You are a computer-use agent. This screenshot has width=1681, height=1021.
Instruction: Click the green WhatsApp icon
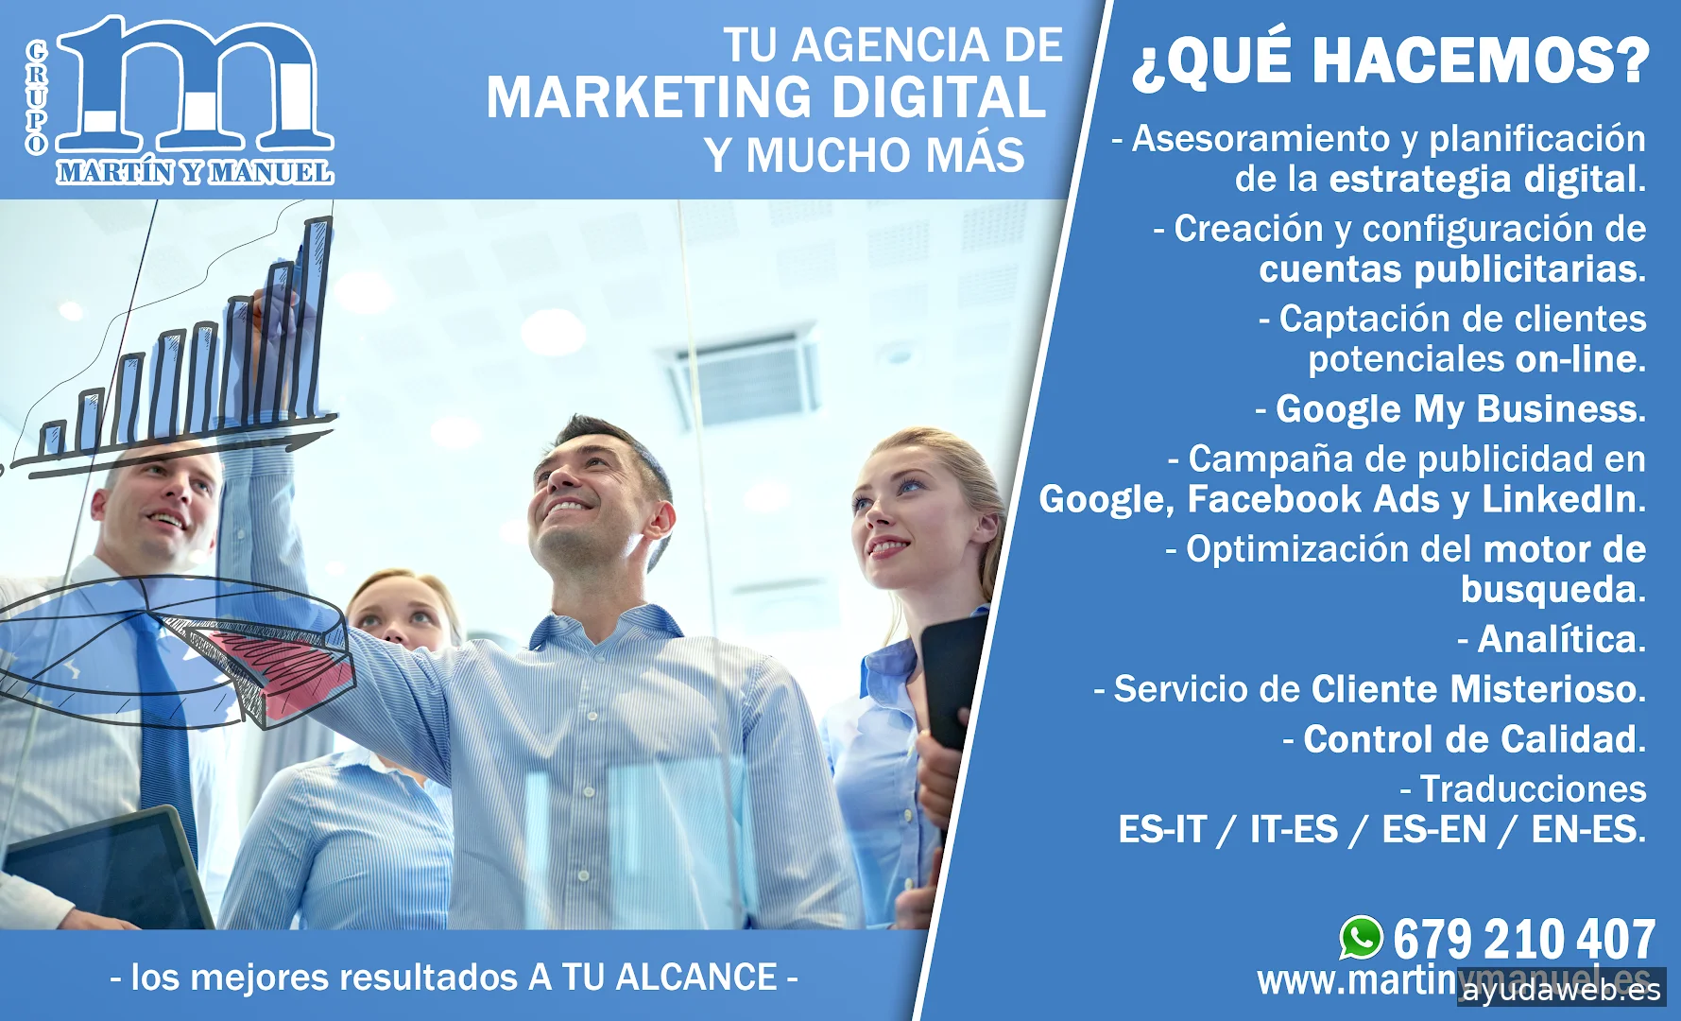(1361, 939)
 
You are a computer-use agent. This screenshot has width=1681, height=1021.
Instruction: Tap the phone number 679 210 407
(1523, 940)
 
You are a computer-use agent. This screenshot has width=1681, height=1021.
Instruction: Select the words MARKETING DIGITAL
(766, 97)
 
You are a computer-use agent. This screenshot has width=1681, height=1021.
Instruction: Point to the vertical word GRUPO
(37, 96)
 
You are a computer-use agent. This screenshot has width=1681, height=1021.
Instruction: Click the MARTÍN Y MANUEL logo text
(195, 172)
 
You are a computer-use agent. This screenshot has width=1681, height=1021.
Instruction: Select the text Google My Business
(1460, 409)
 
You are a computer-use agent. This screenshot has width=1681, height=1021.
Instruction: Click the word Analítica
(1561, 640)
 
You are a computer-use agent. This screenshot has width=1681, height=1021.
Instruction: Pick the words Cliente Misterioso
(1478, 689)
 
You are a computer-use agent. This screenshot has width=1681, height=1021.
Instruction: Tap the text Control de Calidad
(1474, 739)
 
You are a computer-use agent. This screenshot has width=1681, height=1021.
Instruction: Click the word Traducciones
(1533, 788)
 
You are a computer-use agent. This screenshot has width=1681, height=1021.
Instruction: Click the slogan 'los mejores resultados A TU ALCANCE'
(455, 978)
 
